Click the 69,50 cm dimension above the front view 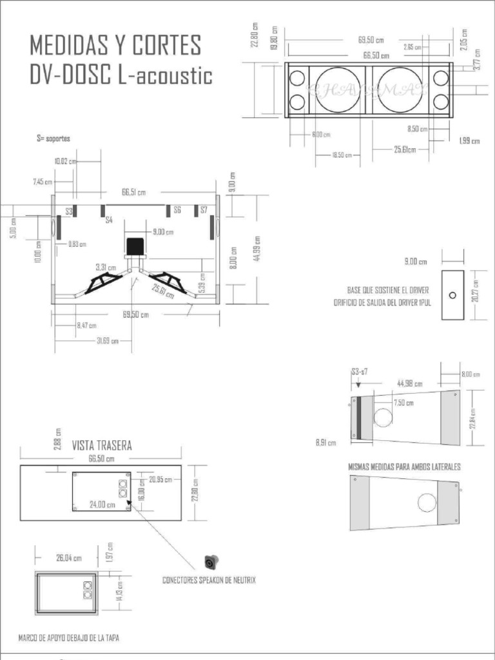[371, 39]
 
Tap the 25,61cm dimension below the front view [403, 150]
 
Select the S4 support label [109, 220]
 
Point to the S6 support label [177, 210]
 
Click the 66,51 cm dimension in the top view [133, 192]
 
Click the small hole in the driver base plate [452, 295]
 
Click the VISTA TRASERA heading [102, 445]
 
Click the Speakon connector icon [211, 561]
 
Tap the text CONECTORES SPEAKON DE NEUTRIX [209, 581]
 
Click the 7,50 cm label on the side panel [403, 403]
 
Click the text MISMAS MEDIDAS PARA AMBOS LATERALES [404, 467]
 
